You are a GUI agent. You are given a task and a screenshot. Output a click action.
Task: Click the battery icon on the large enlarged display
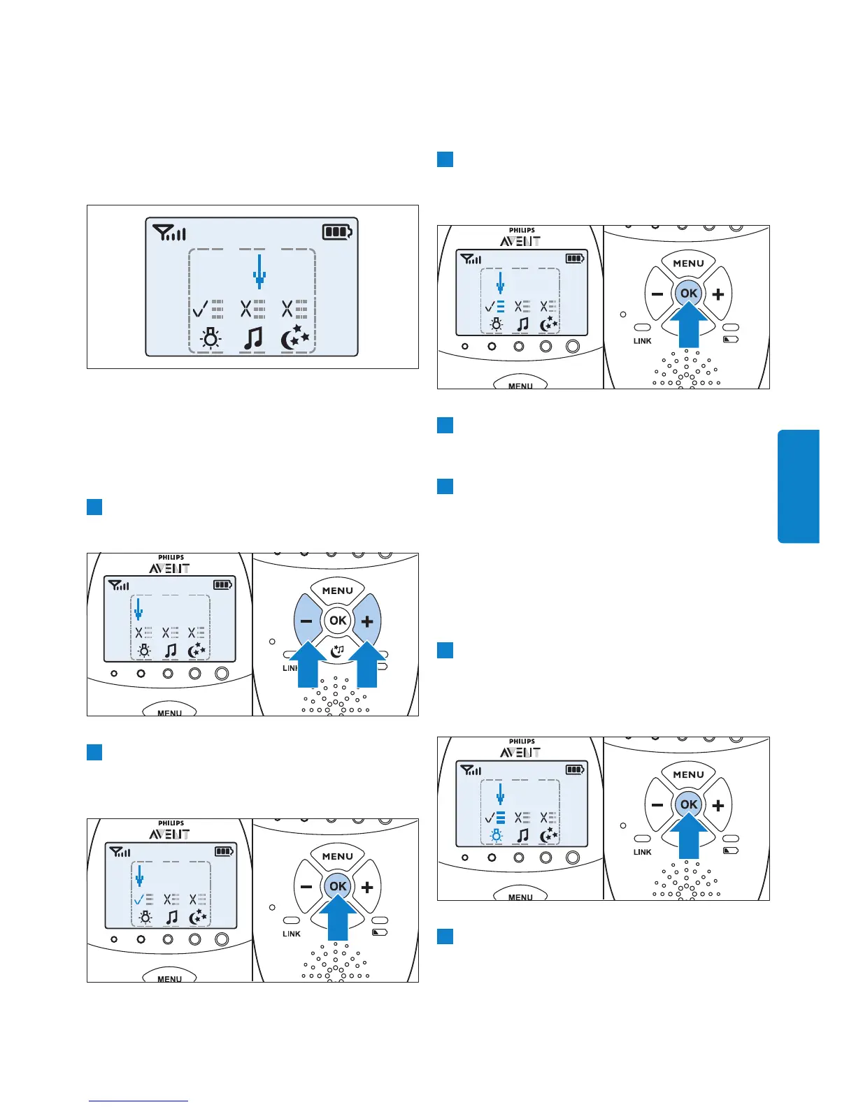pyautogui.click(x=337, y=232)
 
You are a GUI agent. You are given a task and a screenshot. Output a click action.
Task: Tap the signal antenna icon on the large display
pyautogui.click(x=169, y=232)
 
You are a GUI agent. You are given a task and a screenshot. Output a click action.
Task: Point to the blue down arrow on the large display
pyautogui.click(x=259, y=271)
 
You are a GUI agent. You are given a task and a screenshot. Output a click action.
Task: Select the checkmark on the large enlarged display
pyautogui.click(x=200, y=308)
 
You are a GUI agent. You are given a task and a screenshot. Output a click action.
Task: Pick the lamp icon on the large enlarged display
pyautogui.click(x=210, y=338)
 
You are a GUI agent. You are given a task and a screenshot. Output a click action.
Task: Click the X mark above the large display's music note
pyautogui.click(x=246, y=308)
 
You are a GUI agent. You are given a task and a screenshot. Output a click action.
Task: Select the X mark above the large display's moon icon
pyautogui.click(x=287, y=308)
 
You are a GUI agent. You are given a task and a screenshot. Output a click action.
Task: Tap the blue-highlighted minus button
pyautogui.click(x=306, y=621)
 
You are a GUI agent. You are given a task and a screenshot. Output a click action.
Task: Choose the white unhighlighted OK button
pyautogui.click(x=338, y=621)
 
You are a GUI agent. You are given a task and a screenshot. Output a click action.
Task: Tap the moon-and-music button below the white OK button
pyautogui.click(x=338, y=651)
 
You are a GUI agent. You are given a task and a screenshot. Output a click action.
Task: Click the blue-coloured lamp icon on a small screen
pyautogui.click(x=496, y=836)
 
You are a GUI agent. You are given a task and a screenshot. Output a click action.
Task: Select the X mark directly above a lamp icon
pyautogui.click(x=138, y=632)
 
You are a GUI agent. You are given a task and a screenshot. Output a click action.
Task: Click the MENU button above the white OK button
pyautogui.click(x=338, y=591)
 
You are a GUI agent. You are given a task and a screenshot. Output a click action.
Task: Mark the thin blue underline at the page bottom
pyautogui.click(x=138, y=1101)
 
